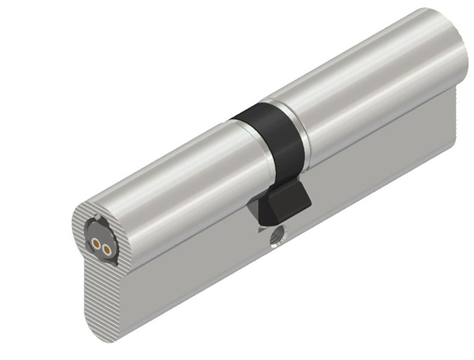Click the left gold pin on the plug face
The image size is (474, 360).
pos(95,242)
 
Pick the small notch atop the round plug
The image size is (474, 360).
pos(97,218)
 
